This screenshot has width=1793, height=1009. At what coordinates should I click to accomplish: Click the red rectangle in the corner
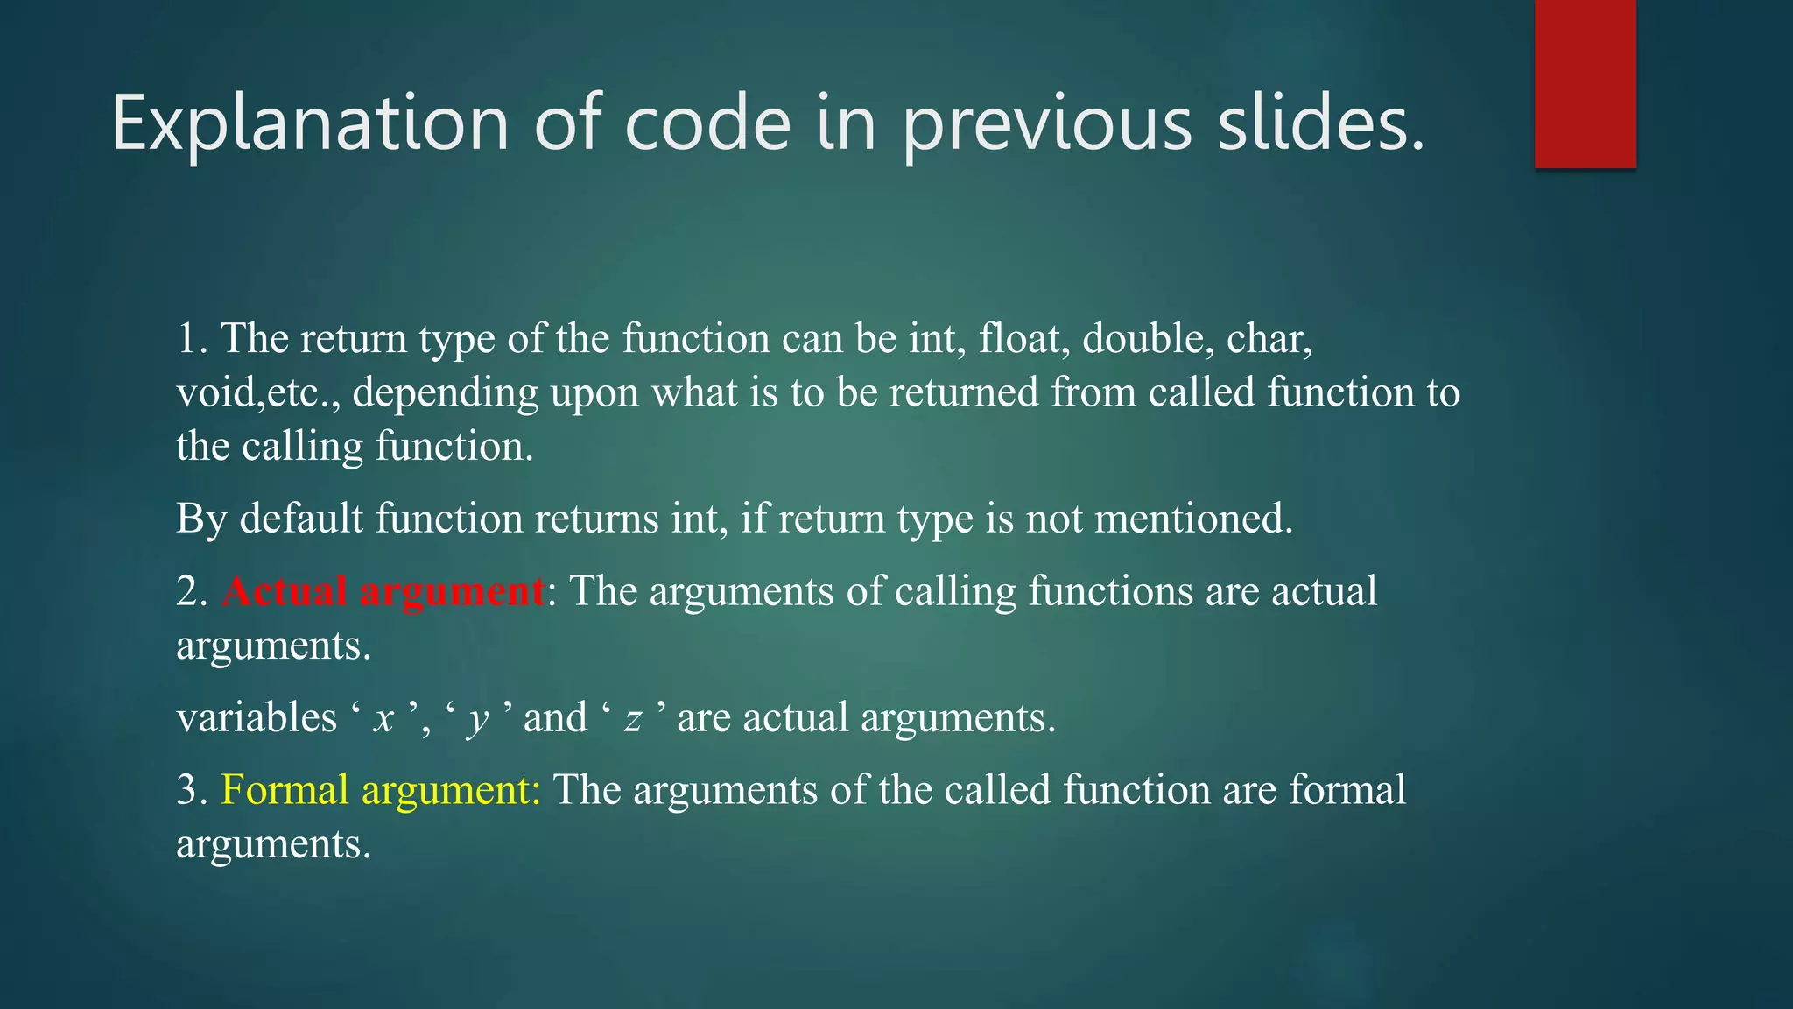[x=1585, y=84]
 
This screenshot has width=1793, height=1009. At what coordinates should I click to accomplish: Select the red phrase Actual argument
[x=383, y=592]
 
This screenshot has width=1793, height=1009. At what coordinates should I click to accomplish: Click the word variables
[x=257, y=718]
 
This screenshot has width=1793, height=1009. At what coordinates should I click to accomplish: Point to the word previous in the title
[x=1047, y=123]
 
